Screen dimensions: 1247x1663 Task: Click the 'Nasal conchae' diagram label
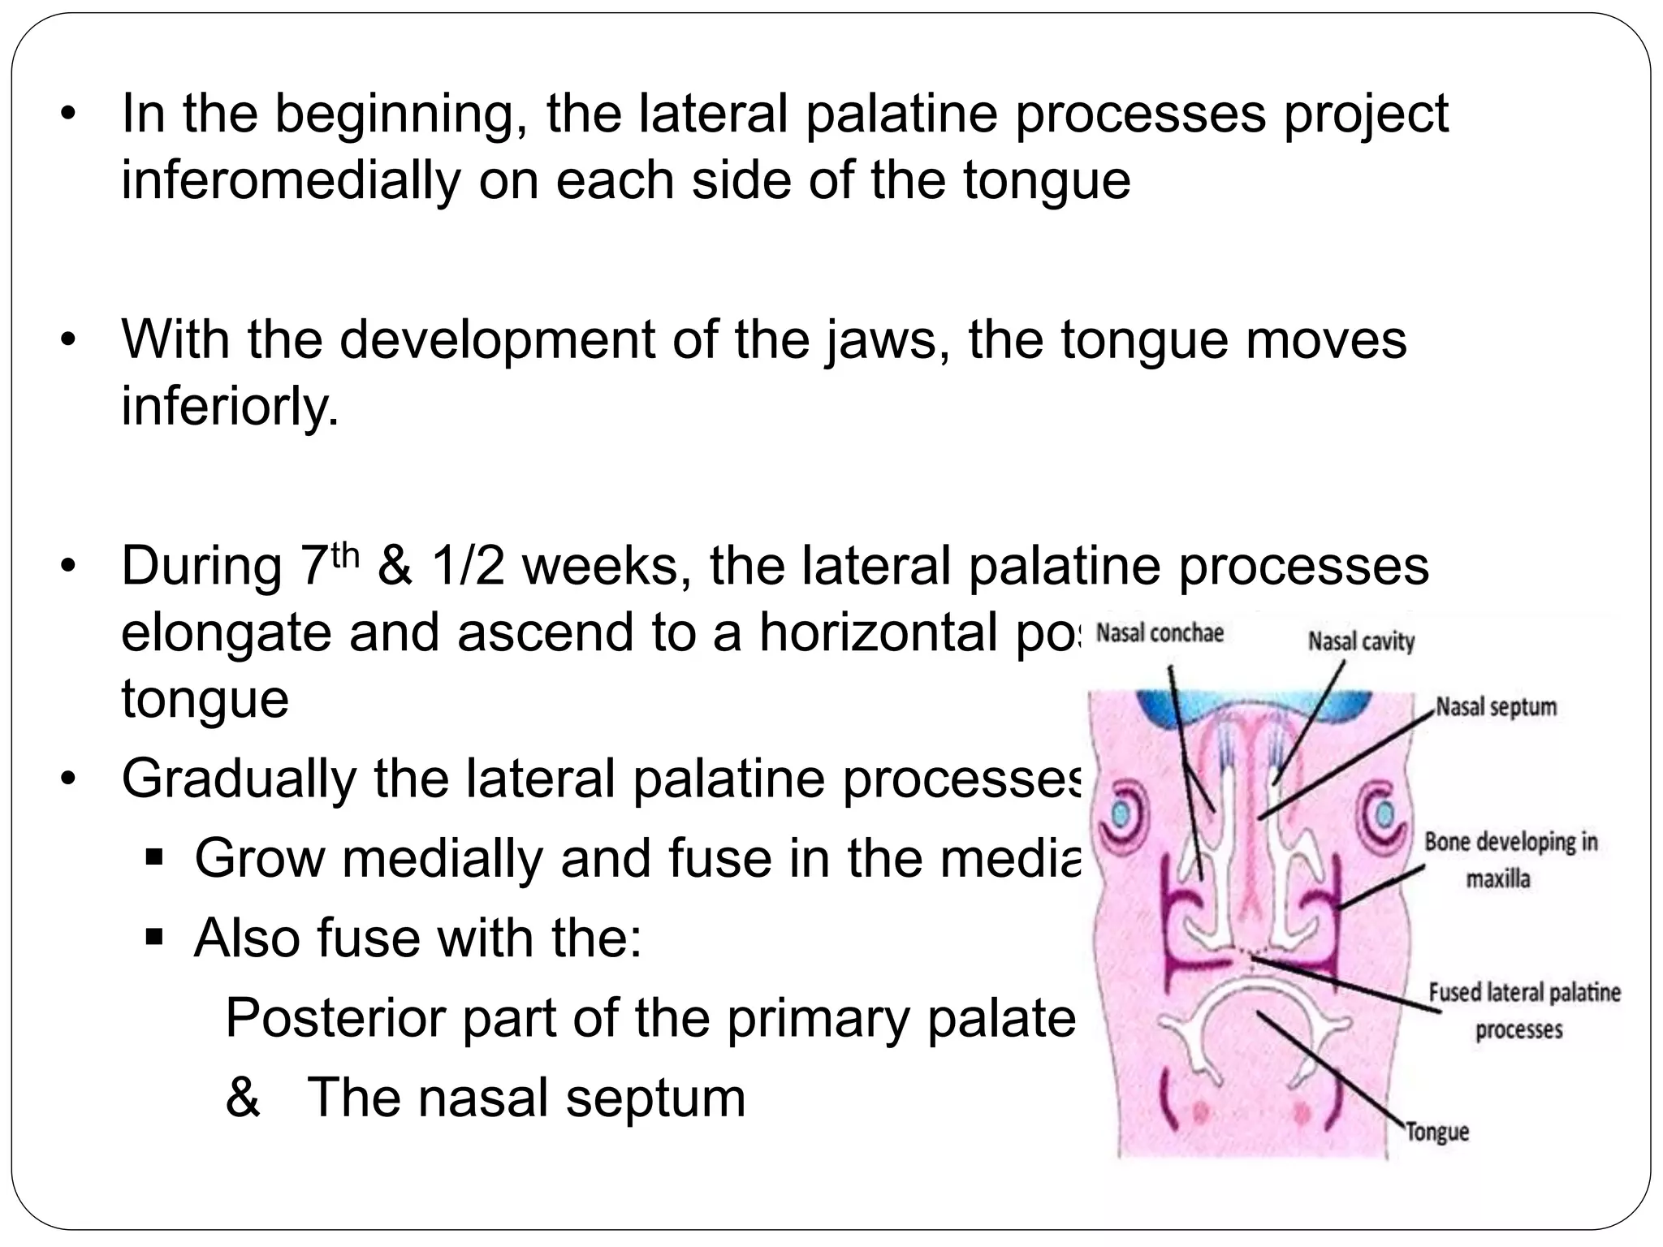(1159, 633)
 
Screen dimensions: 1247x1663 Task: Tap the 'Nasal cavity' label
(1361, 642)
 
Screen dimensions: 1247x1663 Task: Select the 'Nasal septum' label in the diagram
(1497, 706)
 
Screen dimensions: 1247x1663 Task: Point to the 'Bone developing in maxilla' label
(1510, 860)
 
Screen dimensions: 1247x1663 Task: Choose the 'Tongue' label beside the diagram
(1437, 1132)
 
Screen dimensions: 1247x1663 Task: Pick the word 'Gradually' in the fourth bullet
(239, 778)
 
